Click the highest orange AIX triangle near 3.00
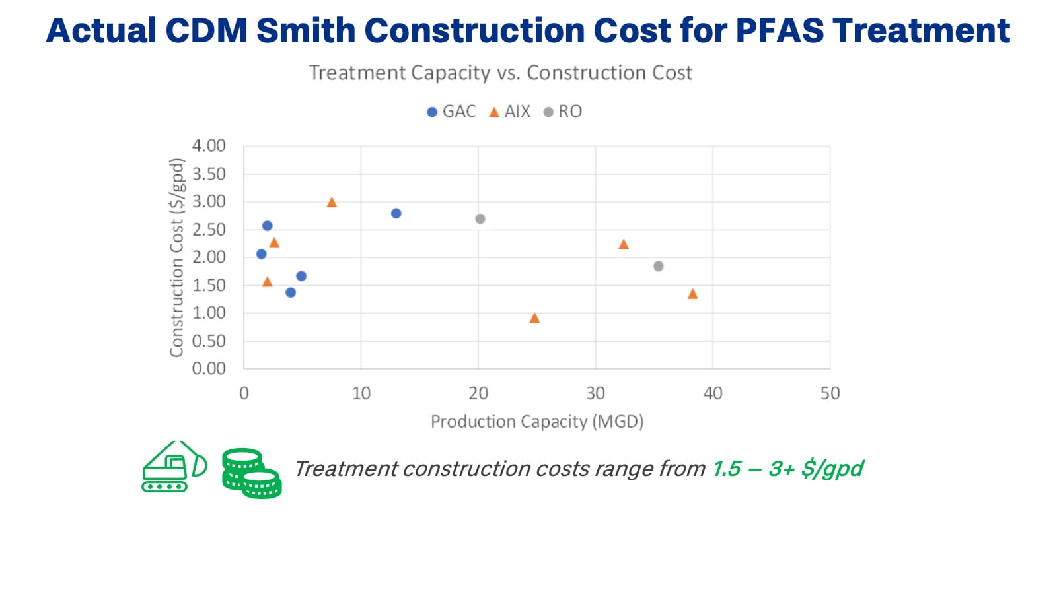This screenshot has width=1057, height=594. click(x=332, y=203)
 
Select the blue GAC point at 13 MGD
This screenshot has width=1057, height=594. click(x=396, y=213)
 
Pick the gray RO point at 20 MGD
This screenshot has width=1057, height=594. click(x=480, y=218)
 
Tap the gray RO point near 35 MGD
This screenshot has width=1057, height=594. click(x=658, y=266)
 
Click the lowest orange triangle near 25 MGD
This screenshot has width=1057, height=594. click(x=534, y=318)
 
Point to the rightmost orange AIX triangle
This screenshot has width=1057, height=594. click(x=692, y=294)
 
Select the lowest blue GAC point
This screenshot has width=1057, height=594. click(x=291, y=292)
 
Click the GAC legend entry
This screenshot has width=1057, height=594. click(x=451, y=112)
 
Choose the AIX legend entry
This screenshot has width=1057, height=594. click(x=509, y=112)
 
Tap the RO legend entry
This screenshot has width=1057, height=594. click(x=563, y=112)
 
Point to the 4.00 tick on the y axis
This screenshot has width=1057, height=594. click(x=209, y=145)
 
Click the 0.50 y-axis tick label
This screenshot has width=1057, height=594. click(x=209, y=341)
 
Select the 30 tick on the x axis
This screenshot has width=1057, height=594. click(x=595, y=393)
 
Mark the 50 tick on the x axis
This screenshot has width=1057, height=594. click(x=830, y=393)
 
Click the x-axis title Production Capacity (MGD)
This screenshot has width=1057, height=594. click(x=536, y=421)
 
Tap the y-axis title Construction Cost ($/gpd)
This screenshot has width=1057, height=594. click(x=176, y=257)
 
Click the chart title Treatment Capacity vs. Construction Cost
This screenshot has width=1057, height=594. click(x=500, y=73)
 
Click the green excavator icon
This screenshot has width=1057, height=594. click(x=174, y=467)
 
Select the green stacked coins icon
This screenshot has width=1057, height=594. click(x=252, y=473)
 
